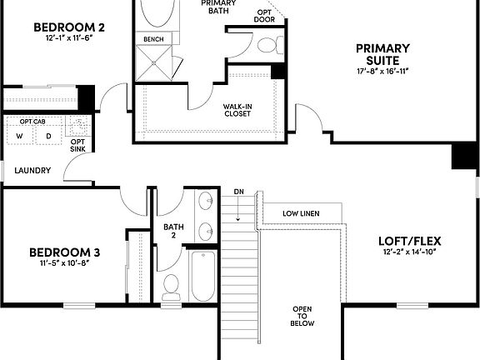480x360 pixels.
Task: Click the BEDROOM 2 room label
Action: point(68,27)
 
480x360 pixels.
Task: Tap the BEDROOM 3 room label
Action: point(65,252)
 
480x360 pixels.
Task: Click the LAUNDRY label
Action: point(33,171)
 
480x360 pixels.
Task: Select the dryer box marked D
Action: point(47,136)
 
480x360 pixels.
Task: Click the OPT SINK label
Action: point(77,146)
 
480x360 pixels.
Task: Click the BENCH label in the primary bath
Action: point(153,39)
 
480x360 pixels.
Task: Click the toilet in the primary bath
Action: point(267,44)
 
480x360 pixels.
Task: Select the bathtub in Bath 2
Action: point(202,277)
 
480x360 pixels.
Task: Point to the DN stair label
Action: point(238,192)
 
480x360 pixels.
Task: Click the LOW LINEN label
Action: point(300,213)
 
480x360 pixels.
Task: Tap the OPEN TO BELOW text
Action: point(302,316)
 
